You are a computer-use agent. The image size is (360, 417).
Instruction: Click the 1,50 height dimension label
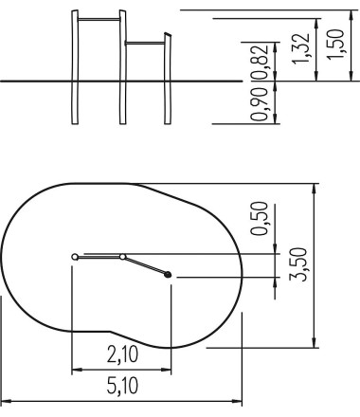point(335,44)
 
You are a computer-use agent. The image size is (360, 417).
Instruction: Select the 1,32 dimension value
point(300,48)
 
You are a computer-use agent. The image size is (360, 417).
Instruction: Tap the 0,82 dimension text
point(260,63)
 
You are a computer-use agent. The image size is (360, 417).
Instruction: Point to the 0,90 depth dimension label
point(260,104)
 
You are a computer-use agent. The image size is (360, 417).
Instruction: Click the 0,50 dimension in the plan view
point(260,218)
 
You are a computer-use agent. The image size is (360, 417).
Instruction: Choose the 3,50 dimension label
point(298,264)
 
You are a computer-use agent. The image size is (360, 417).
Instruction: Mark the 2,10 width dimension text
point(122,354)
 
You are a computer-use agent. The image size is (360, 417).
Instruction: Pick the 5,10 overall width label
point(122,386)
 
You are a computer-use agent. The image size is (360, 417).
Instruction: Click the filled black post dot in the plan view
point(168,275)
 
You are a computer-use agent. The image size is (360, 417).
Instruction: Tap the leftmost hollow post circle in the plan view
point(75,257)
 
